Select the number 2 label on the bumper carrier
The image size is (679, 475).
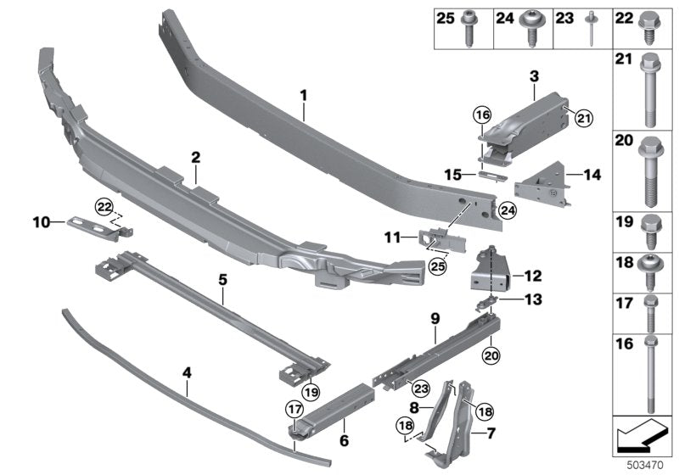(195, 158)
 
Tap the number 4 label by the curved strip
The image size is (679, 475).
(187, 370)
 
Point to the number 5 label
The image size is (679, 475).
(222, 278)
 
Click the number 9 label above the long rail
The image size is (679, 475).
(435, 318)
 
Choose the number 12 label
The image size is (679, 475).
(533, 276)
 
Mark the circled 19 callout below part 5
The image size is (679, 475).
(308, 392)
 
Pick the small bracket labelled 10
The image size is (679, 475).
(92, 223)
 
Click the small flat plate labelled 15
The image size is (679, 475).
(489, 176)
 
